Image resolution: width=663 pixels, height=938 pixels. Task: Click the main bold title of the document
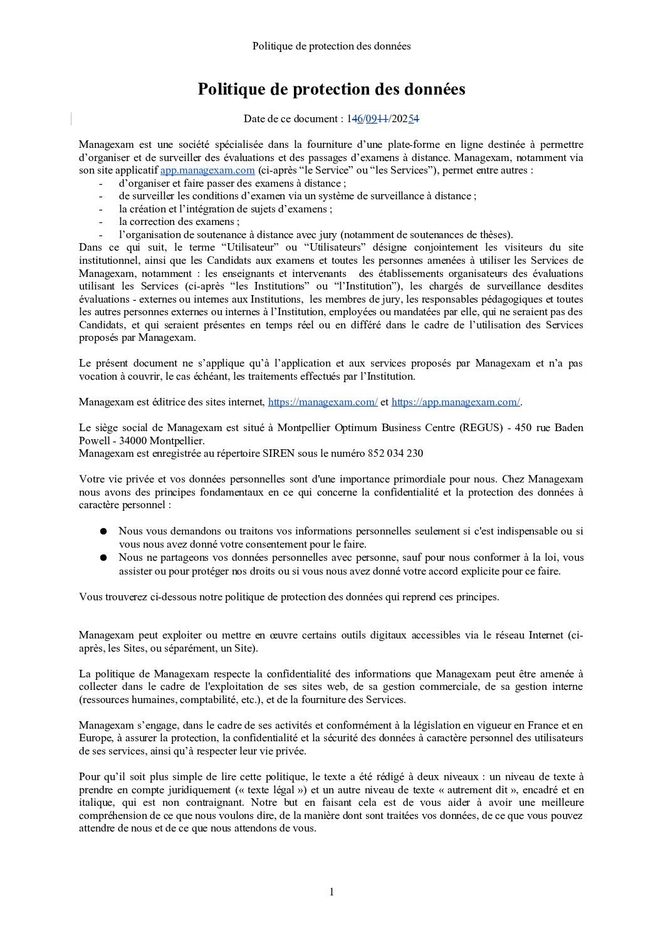(331, 90)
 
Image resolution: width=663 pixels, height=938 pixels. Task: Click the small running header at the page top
(331, 46)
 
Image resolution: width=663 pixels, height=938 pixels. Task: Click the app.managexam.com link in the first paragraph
(207, 170)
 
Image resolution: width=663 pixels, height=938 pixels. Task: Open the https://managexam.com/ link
(323, 402)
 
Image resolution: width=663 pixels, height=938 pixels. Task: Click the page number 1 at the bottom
(331, 892)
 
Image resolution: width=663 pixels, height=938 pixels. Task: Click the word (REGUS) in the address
(481, 428)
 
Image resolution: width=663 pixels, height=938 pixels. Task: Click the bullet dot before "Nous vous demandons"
(103, 531)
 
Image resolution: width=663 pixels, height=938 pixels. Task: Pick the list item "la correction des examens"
(179, 222)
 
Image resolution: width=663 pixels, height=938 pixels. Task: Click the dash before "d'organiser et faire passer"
(100, 184)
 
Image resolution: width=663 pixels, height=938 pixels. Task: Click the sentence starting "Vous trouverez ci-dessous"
(289, 597)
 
